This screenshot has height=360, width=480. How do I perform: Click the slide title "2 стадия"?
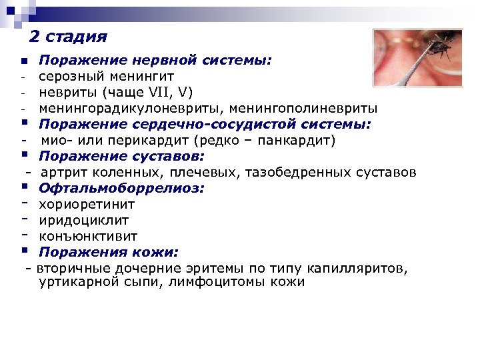[69, 36]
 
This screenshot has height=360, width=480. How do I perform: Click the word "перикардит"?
[147, 141]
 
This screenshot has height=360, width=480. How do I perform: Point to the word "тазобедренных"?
[293, 173]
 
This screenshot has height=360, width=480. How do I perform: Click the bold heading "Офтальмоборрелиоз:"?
[121, 189]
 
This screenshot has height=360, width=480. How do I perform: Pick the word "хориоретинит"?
[87, 205]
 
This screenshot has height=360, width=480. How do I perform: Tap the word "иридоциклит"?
[83, 220]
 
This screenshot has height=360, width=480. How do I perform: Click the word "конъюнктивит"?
[88, 236]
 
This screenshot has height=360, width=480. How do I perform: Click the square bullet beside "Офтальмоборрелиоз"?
[23, 187]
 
